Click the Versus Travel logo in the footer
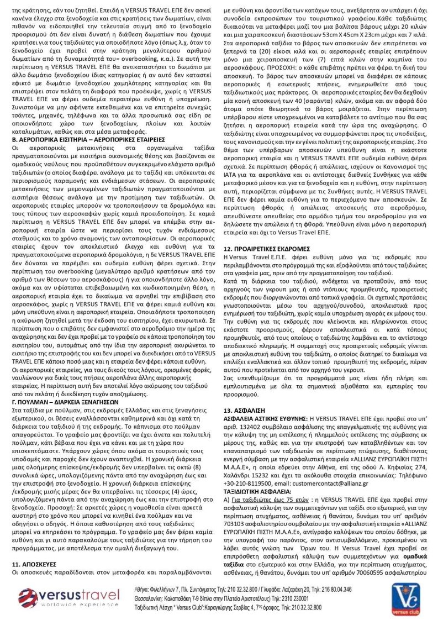click(68, 597)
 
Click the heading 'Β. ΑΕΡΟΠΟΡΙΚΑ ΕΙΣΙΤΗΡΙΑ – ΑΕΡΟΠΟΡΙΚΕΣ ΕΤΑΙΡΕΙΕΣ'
click(88, 140)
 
